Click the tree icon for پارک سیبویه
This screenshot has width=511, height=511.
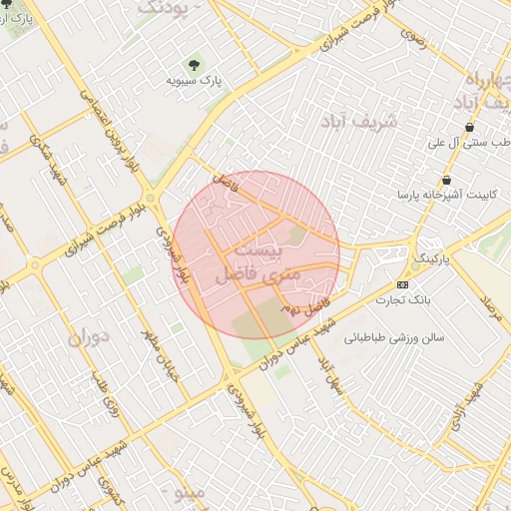194,62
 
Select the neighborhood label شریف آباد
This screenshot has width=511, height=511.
359,120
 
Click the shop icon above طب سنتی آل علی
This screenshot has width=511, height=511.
469,127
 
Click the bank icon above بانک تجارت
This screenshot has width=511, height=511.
402,284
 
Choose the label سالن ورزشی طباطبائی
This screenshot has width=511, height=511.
394,337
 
